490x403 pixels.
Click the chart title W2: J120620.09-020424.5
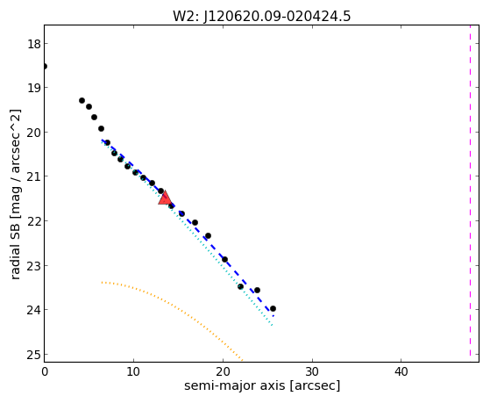(x=262, y=17)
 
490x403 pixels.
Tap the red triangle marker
(x=165, y=198)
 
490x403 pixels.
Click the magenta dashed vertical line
(x=470, y=191)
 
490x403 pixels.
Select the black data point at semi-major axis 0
(x=45, y=67)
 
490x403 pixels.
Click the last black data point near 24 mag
(x=273, y=309)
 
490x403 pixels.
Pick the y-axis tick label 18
(x=34, y=44)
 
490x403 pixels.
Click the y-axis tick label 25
(x=34, y=355)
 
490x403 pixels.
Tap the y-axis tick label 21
(x=34, y=176)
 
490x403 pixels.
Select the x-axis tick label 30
(x=312, y=371)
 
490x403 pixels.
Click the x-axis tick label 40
(x=401, y=371)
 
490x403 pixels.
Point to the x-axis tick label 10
(x=133, y=371)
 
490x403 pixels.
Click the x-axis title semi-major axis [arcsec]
(x=262, y=385)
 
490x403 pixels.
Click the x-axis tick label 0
(x=45, y=371)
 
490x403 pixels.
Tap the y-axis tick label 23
(x=34, y=266)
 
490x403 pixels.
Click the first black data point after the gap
(x=82, y=100)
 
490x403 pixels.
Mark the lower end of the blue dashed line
(x=273, y=316)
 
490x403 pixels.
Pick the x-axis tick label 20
(x=223, y=371)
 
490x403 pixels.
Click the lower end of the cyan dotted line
(x=273, y=326)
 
